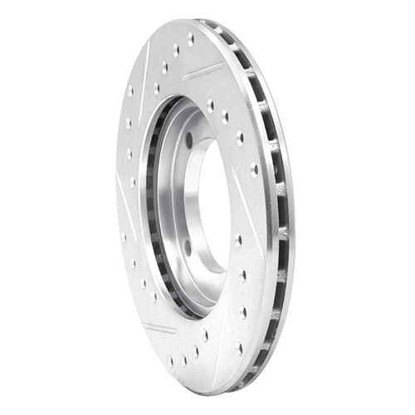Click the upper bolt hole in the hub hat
189,139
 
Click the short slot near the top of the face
203,72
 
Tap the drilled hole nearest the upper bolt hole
210,107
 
